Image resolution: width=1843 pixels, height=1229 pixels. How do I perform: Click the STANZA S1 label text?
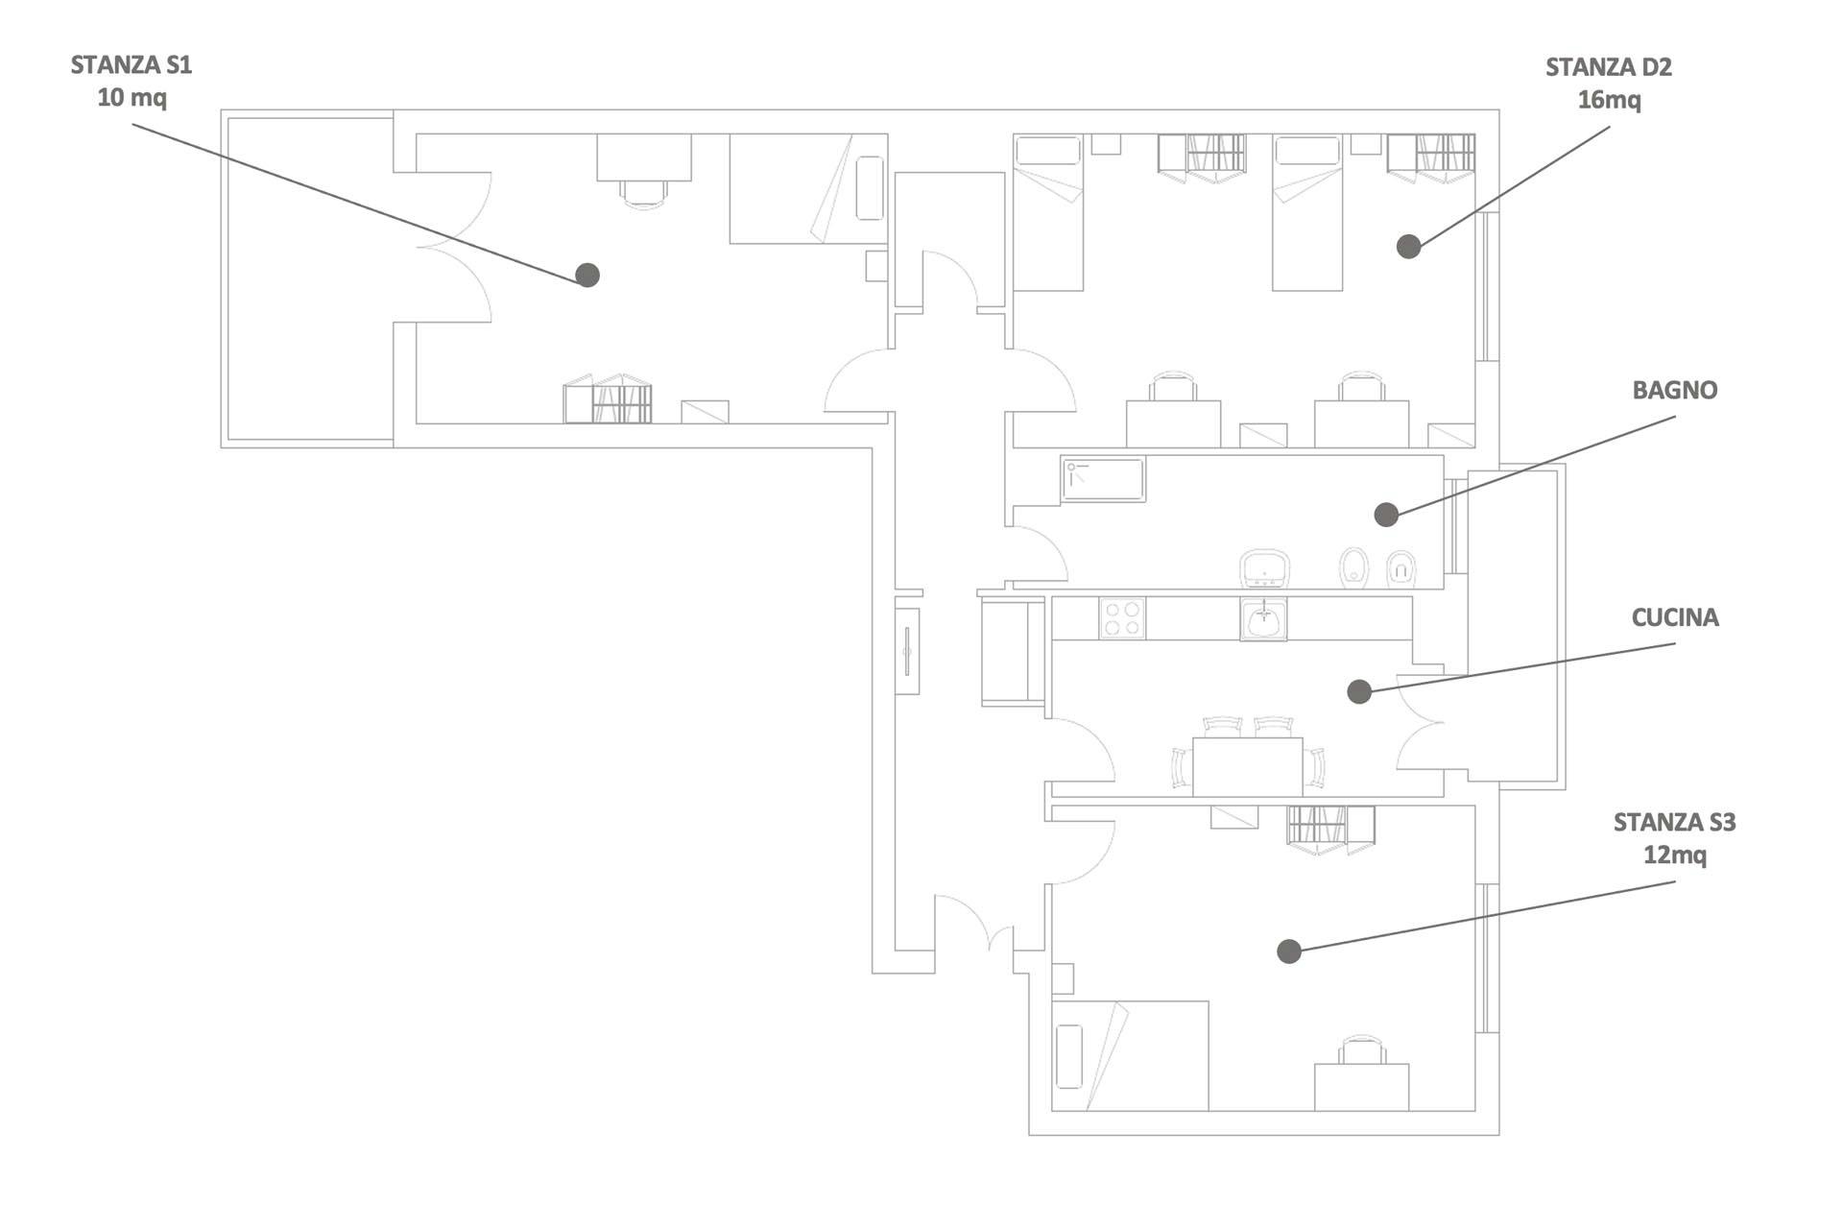coord(132,65)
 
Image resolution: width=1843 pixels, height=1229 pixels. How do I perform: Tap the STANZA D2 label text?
coord(1609,67)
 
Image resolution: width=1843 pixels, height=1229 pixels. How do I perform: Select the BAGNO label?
coord(1675,390)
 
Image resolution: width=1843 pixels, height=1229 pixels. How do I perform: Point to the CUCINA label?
coord(1675,617)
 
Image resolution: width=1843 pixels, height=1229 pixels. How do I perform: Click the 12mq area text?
coord(1675,855)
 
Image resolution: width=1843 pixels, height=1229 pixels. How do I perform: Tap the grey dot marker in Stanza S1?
coord(587,276)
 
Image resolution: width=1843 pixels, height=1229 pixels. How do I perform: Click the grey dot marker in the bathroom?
coord(1386,515)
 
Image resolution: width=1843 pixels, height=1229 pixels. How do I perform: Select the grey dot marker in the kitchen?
coord(1359,691)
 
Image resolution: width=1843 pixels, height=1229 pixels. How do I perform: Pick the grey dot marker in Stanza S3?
coord(1289,951)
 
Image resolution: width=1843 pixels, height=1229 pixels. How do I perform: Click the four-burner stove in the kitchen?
coord(1122,617)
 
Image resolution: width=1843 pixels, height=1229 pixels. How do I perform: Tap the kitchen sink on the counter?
coord(1264,618)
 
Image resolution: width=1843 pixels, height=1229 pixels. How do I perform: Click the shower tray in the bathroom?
coord(1103,479)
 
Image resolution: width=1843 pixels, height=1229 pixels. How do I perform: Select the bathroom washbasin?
coord(1264,569)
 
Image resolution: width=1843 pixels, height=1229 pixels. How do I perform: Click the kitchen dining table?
coord(1247,767)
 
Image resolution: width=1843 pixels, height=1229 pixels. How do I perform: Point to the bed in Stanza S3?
coord(1130,1056)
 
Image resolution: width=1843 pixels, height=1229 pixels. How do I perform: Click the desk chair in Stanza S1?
coord(644,194)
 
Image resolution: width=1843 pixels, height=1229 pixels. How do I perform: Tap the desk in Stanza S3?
coord(1361,1087)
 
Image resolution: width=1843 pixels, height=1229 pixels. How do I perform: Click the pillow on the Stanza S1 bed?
coord(870,188)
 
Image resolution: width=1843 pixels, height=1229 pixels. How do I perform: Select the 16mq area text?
coord(1610,100)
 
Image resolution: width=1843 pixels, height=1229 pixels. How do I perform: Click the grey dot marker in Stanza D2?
coord(1408,247)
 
